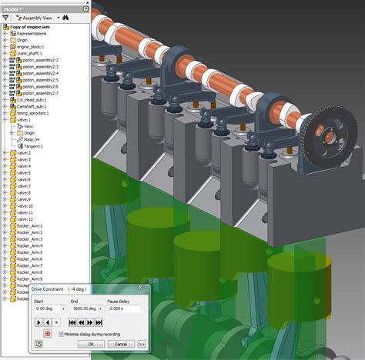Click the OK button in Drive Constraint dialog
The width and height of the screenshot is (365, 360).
[90, 344]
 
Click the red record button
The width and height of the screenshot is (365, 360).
[47, 335]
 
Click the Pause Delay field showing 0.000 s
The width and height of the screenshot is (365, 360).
[124, 308]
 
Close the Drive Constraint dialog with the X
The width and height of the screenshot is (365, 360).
[139, 289]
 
